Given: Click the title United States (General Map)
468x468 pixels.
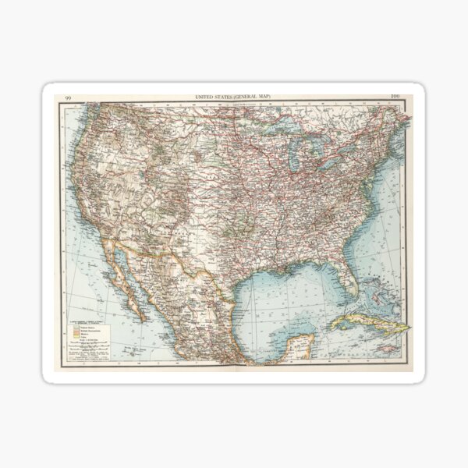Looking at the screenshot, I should [x=233, y=96].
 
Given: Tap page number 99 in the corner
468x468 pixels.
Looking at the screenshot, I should [x=69, y=97].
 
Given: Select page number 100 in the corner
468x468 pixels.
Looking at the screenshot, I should [x=395, y=97].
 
